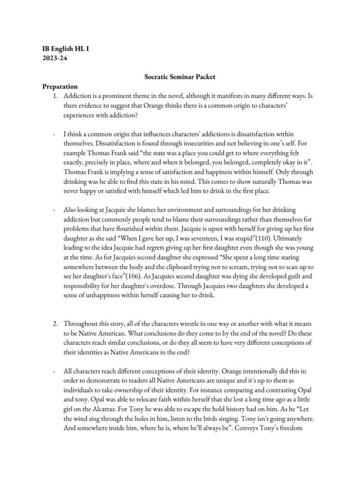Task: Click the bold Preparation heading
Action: (60, 86)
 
